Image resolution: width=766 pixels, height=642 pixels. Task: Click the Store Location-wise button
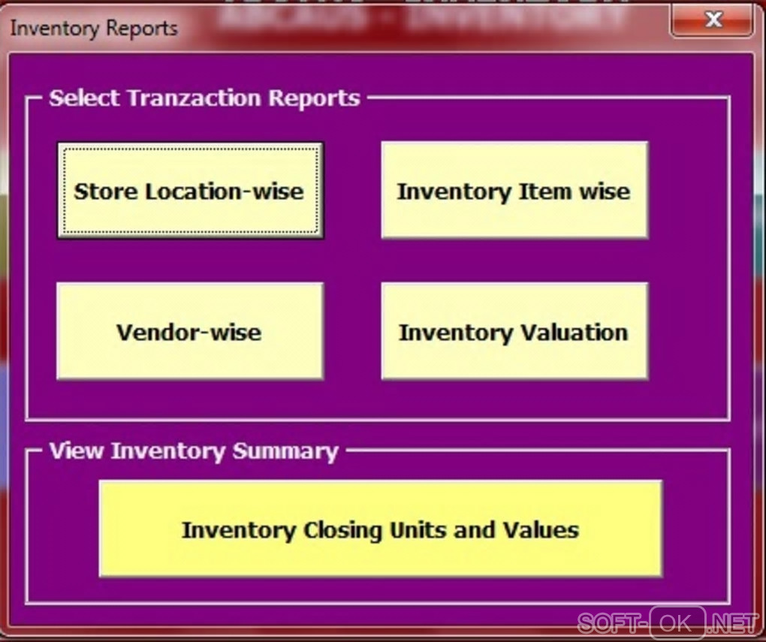point(190,190)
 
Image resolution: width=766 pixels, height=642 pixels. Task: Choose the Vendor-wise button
point(189,330)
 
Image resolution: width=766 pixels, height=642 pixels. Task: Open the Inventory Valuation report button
point(514,330)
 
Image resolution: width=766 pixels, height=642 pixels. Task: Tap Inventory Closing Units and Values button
point(381,528)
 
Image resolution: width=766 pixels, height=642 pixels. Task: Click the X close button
point(713,20)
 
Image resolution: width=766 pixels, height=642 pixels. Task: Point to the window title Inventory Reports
point(95,29)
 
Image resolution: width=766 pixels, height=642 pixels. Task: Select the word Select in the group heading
point(84,98)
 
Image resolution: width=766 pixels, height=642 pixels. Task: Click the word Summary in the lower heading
point(285,451)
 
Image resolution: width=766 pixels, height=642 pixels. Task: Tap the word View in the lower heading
point(77,450)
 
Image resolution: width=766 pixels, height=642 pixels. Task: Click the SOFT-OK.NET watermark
point(668,623)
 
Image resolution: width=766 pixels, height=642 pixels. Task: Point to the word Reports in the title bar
point(142,29)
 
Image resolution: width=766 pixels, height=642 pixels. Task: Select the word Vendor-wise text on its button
point(189,333)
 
